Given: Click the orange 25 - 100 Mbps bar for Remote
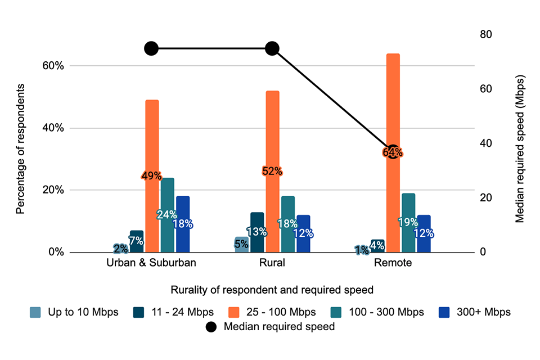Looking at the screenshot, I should [393, 101].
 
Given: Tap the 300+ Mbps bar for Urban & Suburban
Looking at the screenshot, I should [183, 236].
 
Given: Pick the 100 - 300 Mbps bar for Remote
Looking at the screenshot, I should [408, 208].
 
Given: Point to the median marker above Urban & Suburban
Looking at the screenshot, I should [151, 48].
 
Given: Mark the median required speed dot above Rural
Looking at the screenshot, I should [272, 48].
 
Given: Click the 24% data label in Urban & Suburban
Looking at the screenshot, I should [168, 214].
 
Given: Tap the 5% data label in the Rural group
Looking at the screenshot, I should [241, 244].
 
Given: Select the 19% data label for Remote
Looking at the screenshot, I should [408, 222].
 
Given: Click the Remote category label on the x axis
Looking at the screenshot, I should [393, 263].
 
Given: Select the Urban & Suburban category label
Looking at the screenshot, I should [151, 263].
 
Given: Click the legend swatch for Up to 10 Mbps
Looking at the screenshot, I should [35, 312].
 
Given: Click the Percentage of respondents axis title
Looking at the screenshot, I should [21, 149].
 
